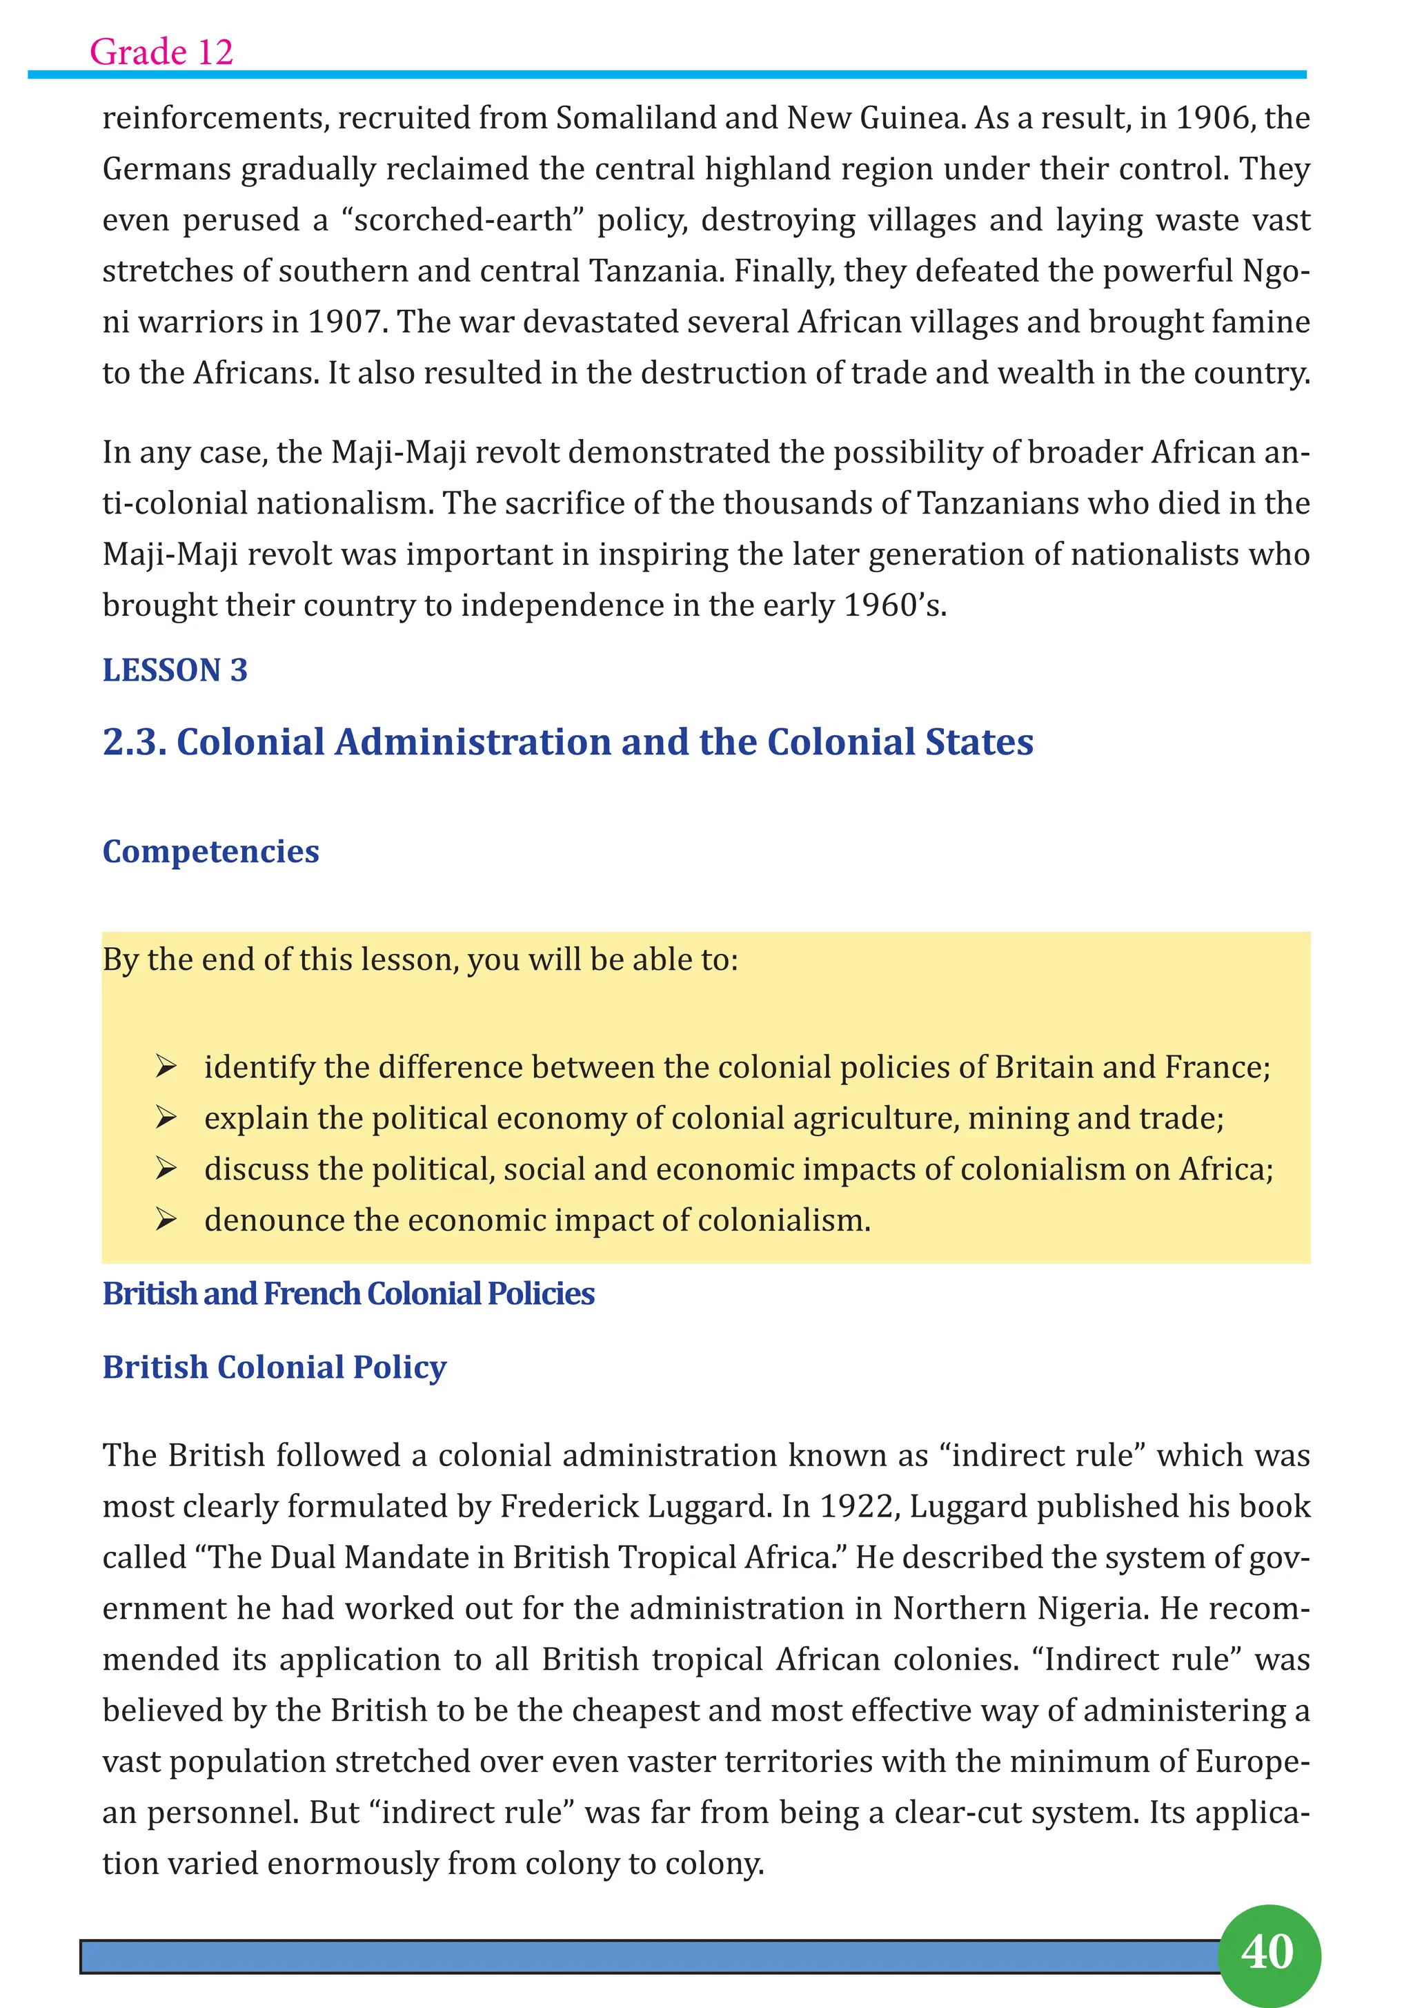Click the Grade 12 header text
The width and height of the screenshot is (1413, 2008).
point(161,52)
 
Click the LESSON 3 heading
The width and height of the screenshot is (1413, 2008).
point(175,670)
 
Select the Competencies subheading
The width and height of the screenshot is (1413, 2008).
point(210,851)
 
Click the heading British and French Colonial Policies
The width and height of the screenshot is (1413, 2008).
point(348,1294)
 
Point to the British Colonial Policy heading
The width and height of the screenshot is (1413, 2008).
point(274,1367)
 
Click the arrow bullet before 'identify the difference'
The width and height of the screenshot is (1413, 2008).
point(166,1067)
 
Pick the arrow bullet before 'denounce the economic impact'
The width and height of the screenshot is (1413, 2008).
point(166,1220)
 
